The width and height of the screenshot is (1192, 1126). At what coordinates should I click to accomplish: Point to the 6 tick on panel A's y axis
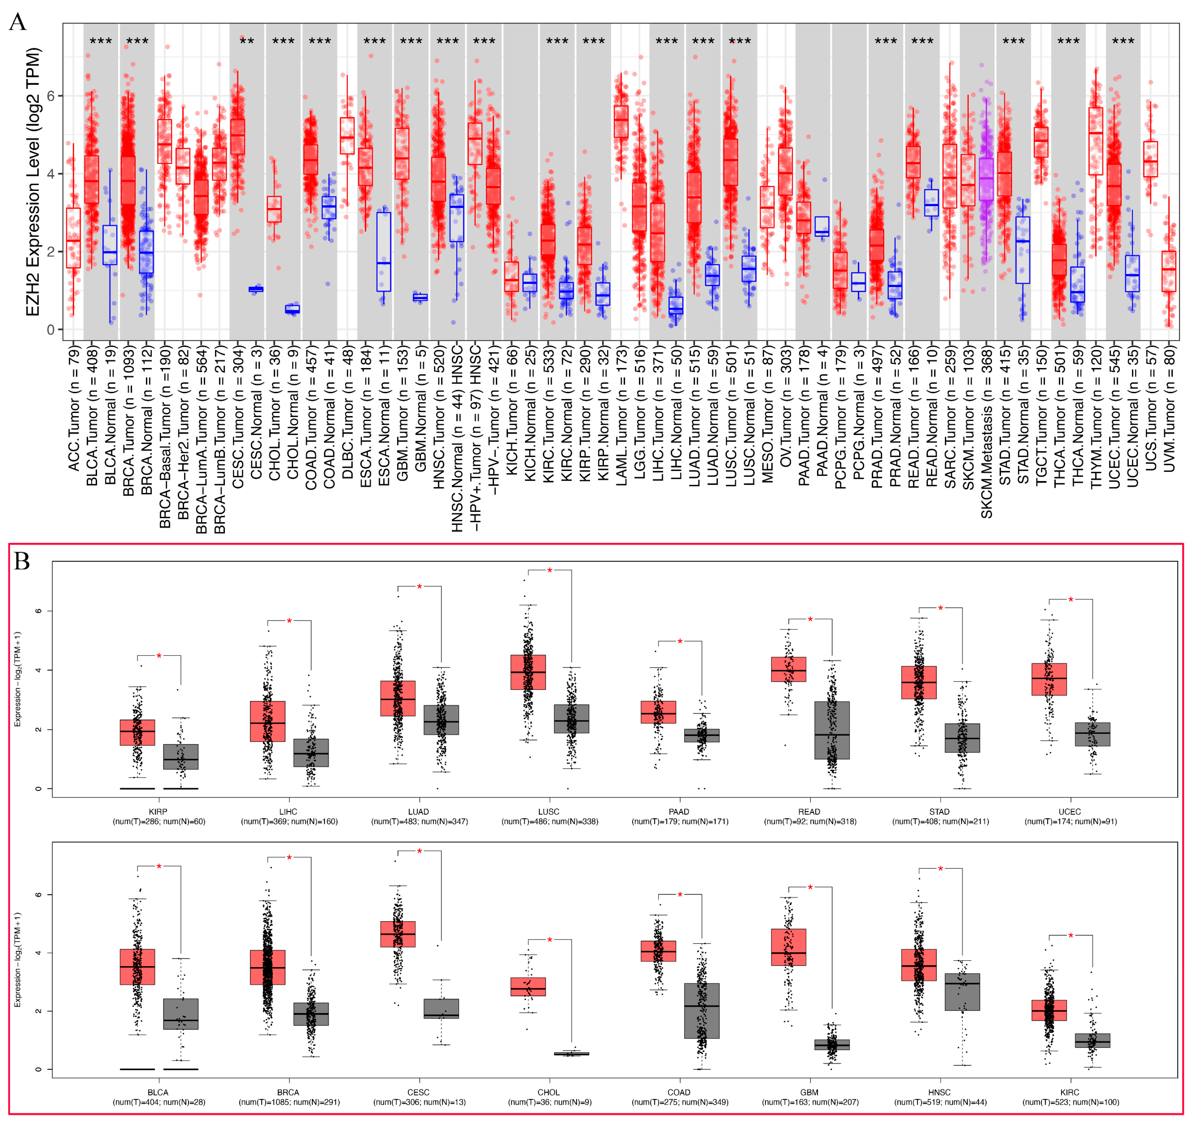(x=51, y=96)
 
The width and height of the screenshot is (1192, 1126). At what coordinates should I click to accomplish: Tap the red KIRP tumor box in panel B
(x=138, y=732)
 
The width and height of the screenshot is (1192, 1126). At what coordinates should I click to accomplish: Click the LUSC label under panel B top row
(x=549, y=811)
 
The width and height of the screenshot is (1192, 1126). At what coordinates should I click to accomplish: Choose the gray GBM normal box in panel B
(x=832, y=1044)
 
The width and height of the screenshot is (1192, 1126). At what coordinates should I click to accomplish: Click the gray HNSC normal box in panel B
(x=962, y=992)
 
